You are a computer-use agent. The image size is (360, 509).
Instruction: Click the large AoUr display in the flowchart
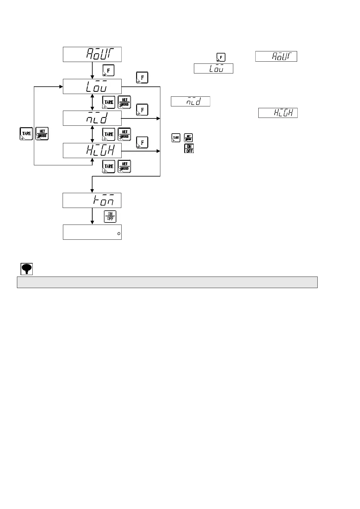tap(92, 54)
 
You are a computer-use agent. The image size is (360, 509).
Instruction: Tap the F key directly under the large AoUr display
tap(109, 70)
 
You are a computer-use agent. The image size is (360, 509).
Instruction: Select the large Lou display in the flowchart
tap(92, 86)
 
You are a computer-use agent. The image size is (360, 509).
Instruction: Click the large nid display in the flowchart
tap(92, 118)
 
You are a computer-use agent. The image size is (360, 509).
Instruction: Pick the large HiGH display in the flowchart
tap(92, 150)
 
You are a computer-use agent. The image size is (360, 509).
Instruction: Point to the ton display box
tap(92, 200)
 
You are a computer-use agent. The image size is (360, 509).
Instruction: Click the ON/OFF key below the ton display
tap(110, 216)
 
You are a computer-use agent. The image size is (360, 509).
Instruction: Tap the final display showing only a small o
tap(92, 232)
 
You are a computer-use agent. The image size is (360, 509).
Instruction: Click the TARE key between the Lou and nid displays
tap(109, 102)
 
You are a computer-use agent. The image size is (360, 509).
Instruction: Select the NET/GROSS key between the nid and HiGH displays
tap(124, 134)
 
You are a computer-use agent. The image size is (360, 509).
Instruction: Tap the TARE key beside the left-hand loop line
tap(26, 134)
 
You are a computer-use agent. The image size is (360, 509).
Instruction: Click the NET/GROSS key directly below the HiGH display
tap(124, 166)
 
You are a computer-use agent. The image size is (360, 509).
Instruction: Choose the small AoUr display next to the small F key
tap(276, 57)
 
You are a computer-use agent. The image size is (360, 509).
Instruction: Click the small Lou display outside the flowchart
tap(213, 68)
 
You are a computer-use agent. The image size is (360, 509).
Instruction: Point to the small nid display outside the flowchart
tap(190, 101)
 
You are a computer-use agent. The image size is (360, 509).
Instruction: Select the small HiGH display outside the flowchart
tap(278, 113)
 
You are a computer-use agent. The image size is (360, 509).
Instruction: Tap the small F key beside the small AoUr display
tap(221, 57)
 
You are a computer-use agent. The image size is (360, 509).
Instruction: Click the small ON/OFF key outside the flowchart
tap(189, 148)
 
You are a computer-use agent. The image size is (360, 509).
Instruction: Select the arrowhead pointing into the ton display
tap(92, 191)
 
